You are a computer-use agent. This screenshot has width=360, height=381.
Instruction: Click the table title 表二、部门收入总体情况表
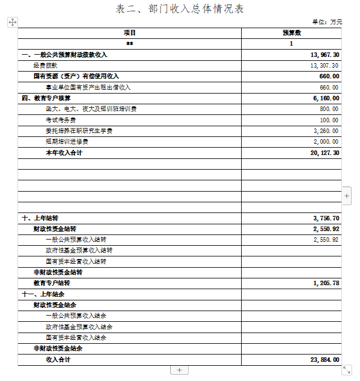coord(180,9)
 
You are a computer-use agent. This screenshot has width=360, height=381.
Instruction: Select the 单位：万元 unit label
coord(327,21)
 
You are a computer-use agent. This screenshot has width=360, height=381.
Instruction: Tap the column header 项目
coord(130,33)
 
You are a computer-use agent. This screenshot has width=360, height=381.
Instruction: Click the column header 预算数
coord(291,33)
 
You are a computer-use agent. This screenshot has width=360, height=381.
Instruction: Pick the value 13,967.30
coord(325,55)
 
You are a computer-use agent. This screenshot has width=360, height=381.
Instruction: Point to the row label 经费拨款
coord(45,66)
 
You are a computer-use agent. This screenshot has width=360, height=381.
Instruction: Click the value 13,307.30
coord(325,66)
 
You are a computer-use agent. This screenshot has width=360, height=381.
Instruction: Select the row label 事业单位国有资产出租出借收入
coord(88,87)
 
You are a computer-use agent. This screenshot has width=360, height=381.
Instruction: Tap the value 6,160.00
coord(326,98)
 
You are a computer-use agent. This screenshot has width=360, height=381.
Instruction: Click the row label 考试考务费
coord(61,120)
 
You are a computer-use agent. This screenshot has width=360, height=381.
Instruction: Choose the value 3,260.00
coord(326,131)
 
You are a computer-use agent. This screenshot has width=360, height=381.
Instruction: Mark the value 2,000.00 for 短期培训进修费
coord(326,141)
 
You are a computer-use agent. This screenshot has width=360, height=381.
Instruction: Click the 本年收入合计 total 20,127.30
coord(325,153)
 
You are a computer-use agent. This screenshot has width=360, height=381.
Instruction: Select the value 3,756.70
coord(326,218)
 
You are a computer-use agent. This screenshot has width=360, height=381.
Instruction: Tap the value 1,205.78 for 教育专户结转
coord(326,283)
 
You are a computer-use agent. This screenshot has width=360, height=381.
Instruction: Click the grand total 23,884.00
coord(325,360)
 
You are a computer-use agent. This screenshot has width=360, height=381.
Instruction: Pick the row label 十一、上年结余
coord(43,294)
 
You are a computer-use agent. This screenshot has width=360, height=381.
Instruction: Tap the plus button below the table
coord(179,370)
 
